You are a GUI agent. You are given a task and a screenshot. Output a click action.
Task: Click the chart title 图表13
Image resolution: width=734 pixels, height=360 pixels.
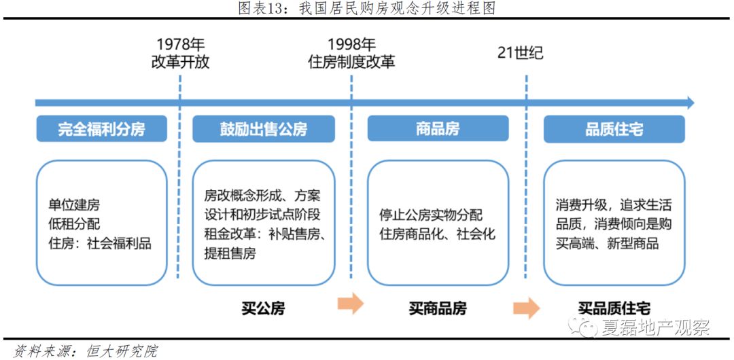click(366, 8)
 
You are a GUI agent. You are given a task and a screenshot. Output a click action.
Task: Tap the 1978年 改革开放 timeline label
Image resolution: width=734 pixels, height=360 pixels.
click(180, 54)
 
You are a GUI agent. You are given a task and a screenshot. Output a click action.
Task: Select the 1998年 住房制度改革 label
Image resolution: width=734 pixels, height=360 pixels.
click(351, 54)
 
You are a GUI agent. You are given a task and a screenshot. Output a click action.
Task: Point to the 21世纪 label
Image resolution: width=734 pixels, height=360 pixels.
click(521, 53)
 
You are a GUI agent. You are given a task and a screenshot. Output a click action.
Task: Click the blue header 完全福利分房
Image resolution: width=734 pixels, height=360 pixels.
click(101, 129)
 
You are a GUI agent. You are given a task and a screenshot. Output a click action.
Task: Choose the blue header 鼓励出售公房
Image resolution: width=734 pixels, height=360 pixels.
click(264, 129)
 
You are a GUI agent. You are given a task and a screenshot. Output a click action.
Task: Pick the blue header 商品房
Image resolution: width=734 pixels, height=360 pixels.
click(438, 129)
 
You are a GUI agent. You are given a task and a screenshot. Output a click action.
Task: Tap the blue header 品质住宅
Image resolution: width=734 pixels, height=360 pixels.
click(614, 129)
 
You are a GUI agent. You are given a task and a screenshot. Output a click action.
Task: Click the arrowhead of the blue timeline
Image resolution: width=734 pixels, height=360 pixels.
click(690, 103)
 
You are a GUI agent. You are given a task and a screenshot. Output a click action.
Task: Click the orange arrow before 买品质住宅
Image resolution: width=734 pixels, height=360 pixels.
click(526, 308)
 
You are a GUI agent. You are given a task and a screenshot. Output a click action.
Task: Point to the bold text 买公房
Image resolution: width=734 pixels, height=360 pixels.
click(263, 308)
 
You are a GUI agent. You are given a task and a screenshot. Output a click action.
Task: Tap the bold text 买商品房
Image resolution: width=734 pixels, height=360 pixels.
click(438, 308)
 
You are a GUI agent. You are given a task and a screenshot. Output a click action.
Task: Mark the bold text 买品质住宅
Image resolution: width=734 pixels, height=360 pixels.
click(614, 308)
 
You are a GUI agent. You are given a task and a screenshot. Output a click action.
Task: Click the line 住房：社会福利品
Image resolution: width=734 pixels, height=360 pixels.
click(99, 243)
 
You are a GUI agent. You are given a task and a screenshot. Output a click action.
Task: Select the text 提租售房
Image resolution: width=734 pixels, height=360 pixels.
click(230, 254)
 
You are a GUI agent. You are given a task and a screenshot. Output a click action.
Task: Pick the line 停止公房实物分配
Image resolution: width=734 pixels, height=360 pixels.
click(431, 215)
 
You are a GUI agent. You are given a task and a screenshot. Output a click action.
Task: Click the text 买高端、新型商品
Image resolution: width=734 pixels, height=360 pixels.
click(607, 243)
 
